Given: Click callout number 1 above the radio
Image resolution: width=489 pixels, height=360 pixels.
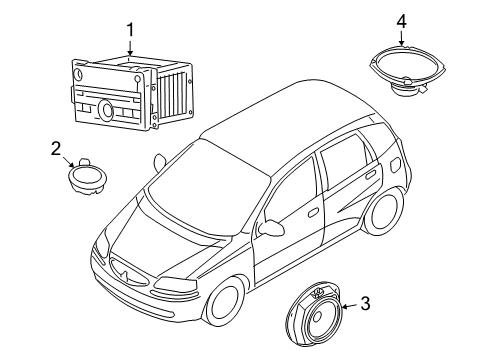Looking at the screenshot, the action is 130,30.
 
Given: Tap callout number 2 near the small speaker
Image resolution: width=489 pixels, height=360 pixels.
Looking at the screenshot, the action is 56,149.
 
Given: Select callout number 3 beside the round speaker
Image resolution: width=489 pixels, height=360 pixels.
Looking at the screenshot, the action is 365,304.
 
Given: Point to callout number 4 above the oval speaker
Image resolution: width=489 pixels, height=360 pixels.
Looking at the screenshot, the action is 401,21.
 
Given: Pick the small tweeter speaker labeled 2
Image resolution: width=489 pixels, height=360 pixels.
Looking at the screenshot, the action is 87,176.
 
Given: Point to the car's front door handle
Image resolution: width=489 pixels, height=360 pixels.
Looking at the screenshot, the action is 313,212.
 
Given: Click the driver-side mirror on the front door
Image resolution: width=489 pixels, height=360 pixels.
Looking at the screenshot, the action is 272,227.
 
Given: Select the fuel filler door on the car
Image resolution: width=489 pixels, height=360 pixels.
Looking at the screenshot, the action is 394,165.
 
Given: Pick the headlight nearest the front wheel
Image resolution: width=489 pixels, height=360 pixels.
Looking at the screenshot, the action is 174,284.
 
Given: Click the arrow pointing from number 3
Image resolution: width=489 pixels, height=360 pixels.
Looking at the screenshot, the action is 350,306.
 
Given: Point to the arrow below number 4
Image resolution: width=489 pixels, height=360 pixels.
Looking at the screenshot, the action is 402,38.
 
